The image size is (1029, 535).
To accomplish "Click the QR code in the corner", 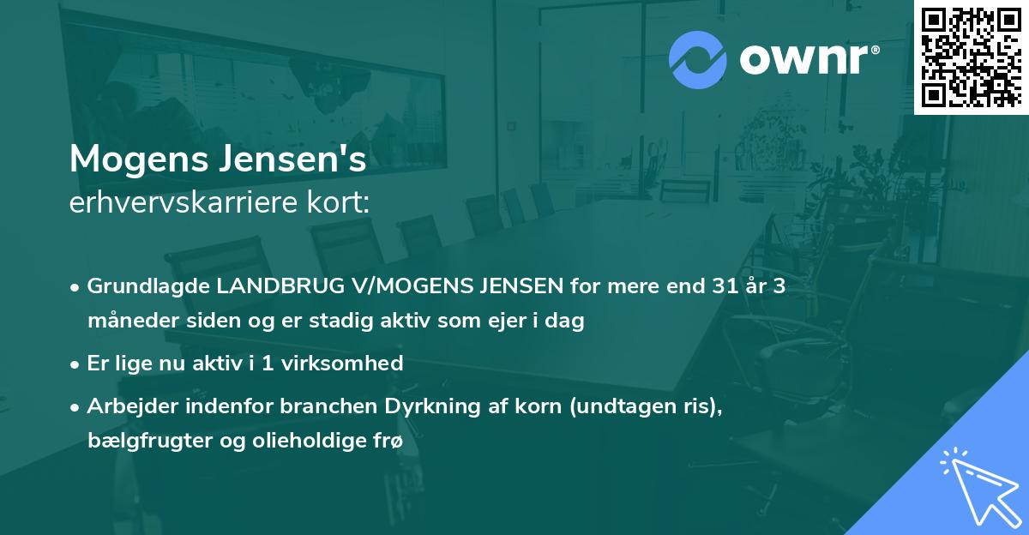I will click(x=971, y=57).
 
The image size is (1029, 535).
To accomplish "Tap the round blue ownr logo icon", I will click(x=697, y=59).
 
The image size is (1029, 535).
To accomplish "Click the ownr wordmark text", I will click(x=808, y=60).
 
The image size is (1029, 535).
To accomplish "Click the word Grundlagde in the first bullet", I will click(x=139, y=286).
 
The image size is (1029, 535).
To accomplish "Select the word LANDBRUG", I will click(x=254, y=286).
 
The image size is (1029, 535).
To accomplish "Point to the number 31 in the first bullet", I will click(x=711, y=286).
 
